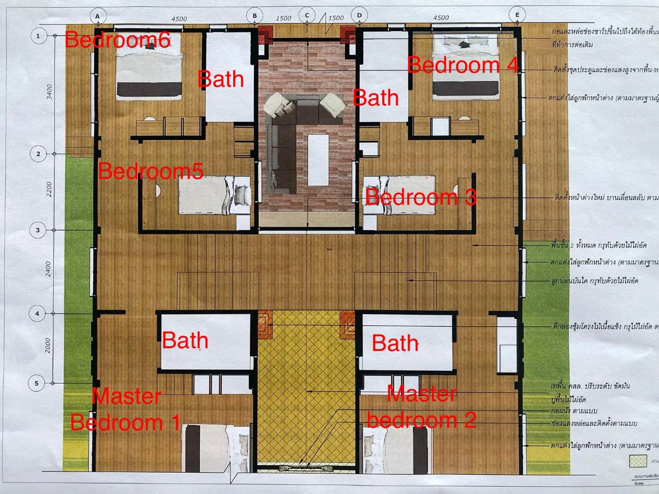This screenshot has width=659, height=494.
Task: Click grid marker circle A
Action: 98,16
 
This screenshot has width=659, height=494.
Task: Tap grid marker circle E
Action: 517,15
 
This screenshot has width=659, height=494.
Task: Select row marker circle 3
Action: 38,230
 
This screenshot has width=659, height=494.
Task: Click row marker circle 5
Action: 37,383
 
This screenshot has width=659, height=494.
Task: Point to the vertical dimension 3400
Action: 49,92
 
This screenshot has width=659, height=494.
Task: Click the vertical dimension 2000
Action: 47,346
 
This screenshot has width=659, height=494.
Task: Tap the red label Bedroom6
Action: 117,40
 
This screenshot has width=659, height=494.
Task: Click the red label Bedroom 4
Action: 462,65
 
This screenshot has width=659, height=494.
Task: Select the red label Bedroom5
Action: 151,171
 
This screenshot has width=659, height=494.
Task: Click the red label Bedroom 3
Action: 421,197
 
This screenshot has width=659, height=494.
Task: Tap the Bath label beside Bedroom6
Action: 221,79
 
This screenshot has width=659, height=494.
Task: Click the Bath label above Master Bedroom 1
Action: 185,340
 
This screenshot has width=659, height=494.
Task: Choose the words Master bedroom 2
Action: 422,407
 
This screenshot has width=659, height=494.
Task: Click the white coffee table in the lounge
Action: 318,160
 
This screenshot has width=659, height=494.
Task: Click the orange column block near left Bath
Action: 265,325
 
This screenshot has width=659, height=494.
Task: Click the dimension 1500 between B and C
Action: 283,18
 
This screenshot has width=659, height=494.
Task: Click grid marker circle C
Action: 307,15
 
